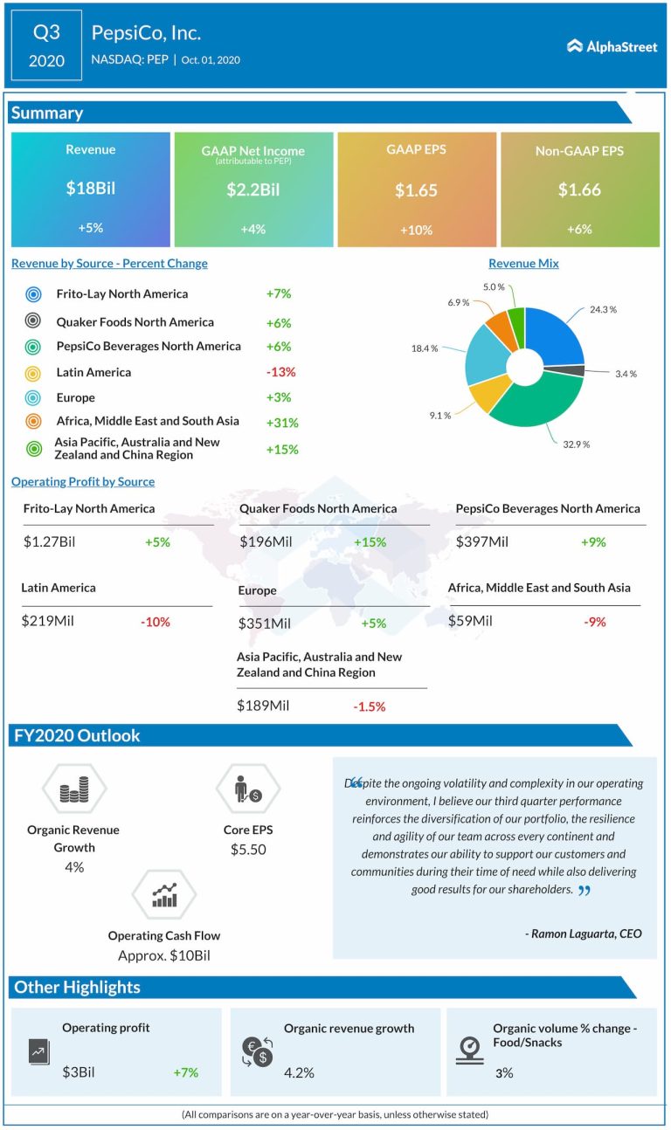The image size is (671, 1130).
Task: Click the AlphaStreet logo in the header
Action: [612, 46]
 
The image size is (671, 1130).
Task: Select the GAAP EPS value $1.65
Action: [416, 189]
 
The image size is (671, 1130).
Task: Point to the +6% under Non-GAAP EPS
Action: [578, 229]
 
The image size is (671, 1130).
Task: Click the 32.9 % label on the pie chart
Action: [574, 444]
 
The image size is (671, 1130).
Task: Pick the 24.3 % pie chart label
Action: [603, 309]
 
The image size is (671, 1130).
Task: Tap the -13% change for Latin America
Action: [280, 372]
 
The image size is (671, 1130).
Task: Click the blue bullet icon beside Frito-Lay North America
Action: [34, 294]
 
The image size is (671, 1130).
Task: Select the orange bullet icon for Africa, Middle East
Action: [34, 423]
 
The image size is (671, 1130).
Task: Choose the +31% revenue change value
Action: [282, 423]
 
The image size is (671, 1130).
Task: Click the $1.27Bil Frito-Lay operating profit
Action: [50, 542]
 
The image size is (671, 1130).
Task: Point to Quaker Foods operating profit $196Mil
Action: [265, 542]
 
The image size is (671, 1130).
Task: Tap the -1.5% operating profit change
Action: [370, 706]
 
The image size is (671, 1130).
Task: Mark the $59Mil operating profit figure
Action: [470, 621]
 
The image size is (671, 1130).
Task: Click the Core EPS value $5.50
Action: [248, 849]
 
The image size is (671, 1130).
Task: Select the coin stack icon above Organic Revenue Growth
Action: [73, 791]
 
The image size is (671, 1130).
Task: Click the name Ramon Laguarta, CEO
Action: [584, 934]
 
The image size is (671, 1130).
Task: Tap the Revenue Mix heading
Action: [523, 264]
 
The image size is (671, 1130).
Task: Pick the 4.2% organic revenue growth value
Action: [298, 1072]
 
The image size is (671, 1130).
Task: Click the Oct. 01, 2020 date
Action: [211, 60]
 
